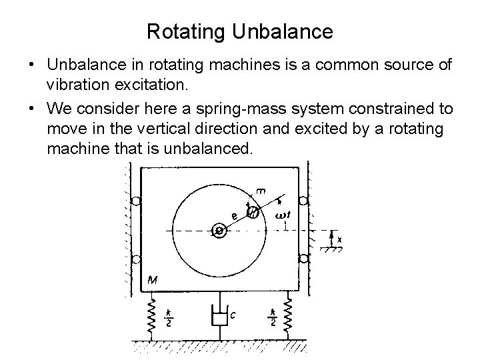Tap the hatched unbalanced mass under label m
coord(253,212)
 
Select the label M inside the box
coord(153,280)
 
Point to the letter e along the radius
coord(234,215)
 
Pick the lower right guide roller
coord(303,257)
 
